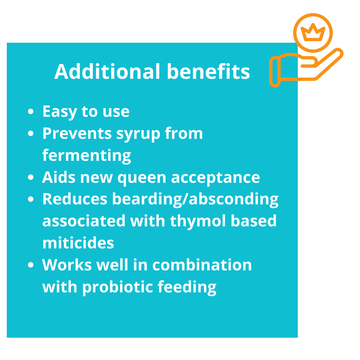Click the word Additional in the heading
coord(107,72)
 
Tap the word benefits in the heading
coord(208,72)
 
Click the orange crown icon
coord(313,32)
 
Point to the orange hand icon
coord(306,68)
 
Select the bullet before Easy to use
coord(30,111)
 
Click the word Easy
coord(60,112)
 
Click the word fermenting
coord(86,156)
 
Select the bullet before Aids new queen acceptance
coord(30,177)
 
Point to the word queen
coord(142,178)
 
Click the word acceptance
coord(215,178)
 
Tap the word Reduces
coord(75,199)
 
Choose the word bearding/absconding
coord(195,199)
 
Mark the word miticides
coord(78,243)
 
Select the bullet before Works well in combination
coord(30,265)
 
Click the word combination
coord(202,265)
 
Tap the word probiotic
coord(117,287)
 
